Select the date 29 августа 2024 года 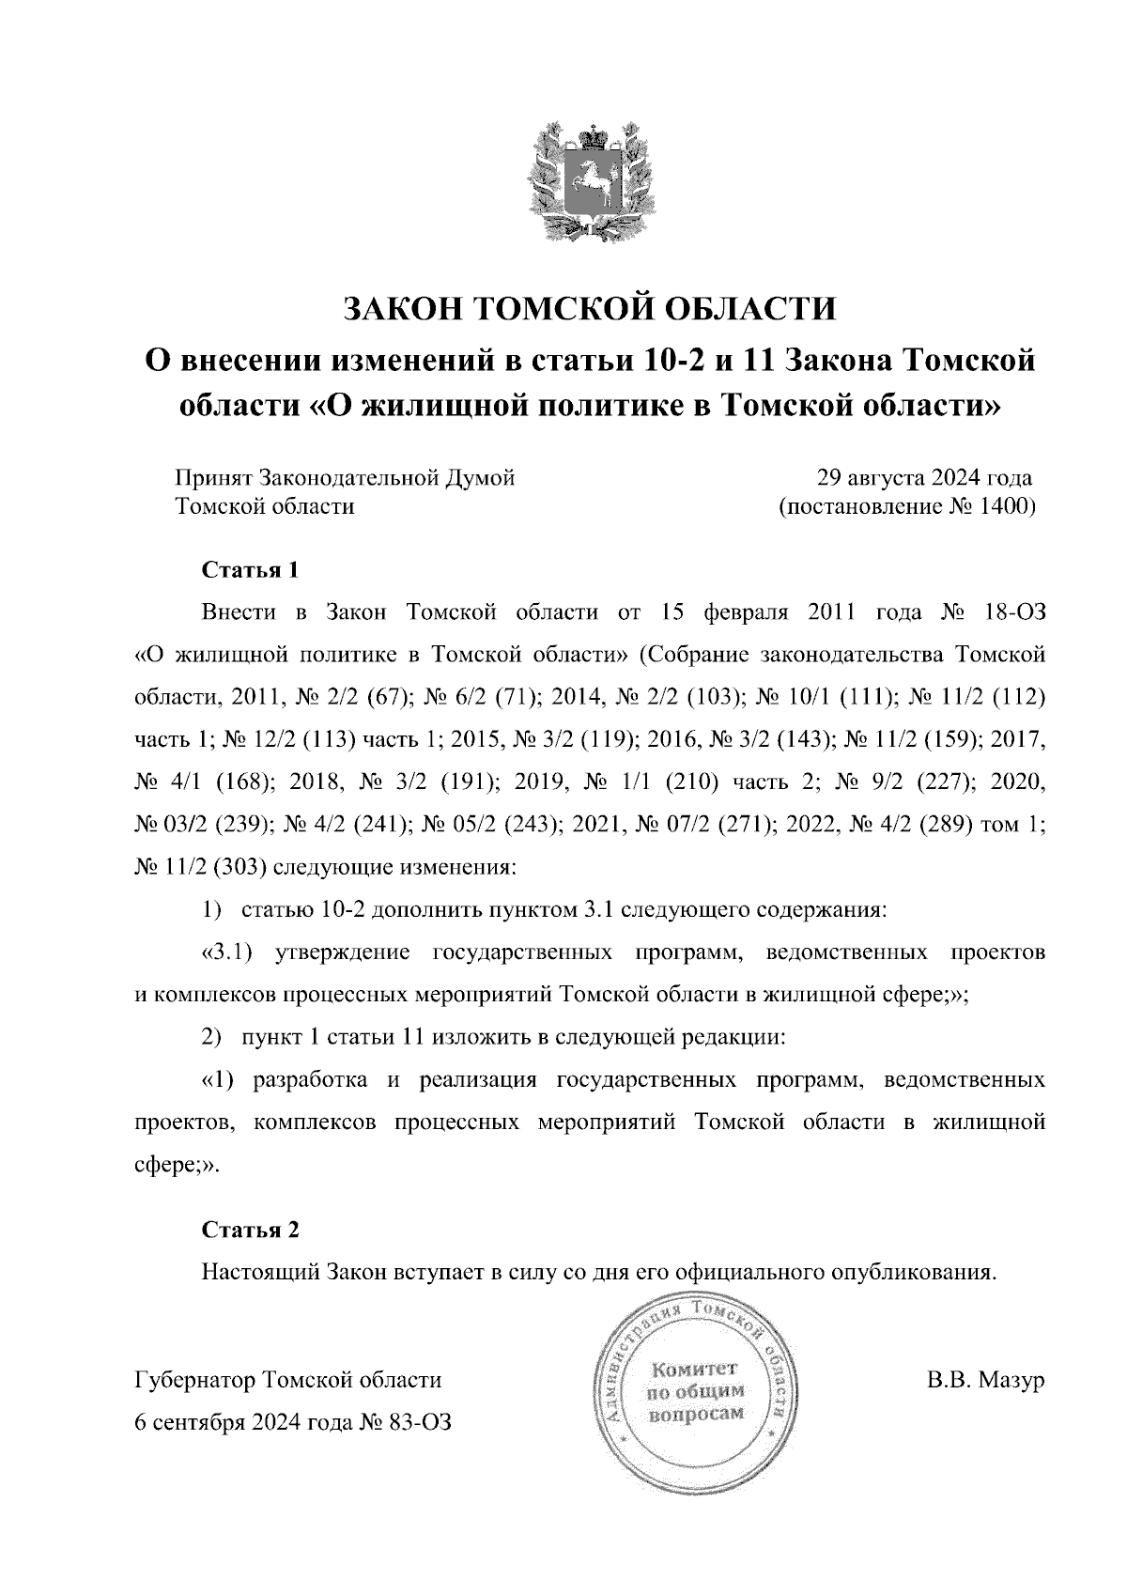[925, 477]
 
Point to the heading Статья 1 [250, 570]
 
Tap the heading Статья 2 [250, 1230]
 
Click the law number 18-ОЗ [1011, 613]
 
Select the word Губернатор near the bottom [196, 1380]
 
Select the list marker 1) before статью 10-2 [211, 910]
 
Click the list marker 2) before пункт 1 [211, 1037]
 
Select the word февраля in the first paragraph [742, 613]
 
